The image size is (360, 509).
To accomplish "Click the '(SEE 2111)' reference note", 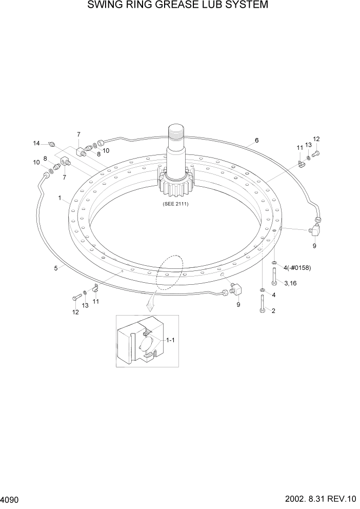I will tap(176, 204).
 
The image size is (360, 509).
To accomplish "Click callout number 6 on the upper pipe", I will tap(256, 140).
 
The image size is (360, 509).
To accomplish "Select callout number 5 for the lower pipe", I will tap(56, 268).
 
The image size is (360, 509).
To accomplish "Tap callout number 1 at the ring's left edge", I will tap(60, 198).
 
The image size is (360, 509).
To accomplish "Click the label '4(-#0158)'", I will tap(296, 267).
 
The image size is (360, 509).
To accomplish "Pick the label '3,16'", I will tap(290, 283).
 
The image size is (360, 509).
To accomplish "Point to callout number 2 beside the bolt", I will tap(273, 310).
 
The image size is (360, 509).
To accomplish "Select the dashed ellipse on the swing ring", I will tap(170, 273).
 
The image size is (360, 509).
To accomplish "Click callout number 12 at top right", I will tap(316, 139).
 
